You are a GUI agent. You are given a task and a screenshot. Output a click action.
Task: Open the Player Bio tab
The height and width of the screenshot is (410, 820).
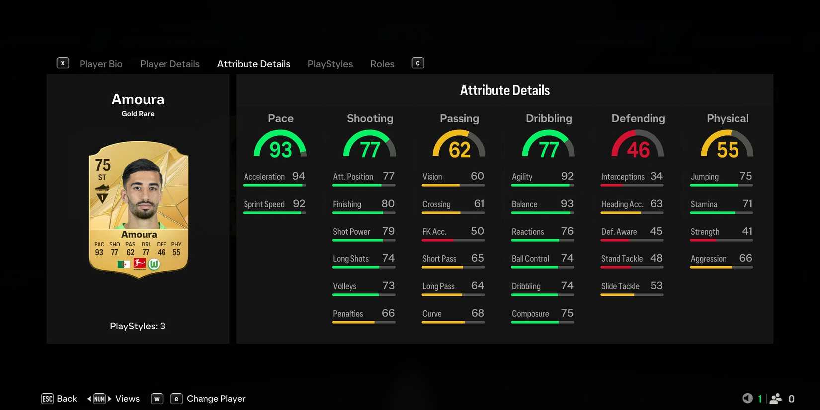pos(101,64)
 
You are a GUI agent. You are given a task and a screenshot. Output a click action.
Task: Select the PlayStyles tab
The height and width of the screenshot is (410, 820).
pos(330,64)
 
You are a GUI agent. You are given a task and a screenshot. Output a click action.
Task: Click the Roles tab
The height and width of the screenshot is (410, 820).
pos(382,64)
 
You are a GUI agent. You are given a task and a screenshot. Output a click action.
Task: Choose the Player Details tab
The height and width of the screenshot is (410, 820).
pos(169,64)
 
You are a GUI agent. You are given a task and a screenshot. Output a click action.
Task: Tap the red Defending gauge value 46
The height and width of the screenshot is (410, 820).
pos(638,150)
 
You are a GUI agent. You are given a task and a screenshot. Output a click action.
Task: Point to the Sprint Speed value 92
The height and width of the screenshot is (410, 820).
pos(299,204)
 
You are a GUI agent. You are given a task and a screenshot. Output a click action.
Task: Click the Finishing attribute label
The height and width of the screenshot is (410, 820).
pos(347,204)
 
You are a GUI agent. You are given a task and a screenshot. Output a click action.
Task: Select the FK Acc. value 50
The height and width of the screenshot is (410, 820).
pos(477,231)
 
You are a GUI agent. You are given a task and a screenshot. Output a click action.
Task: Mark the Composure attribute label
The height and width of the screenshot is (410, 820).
pos(530,314)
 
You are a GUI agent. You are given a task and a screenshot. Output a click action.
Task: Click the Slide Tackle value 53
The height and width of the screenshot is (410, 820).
pos(656,286)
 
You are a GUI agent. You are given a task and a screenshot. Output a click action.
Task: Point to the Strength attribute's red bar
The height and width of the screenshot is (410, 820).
pos(703,240)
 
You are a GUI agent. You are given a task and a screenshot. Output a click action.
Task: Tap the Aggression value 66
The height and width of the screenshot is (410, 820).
pos(745,258)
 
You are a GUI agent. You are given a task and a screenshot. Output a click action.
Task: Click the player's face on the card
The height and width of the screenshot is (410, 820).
pos(143,191)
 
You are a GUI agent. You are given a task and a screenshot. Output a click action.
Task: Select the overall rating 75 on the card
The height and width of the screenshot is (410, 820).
pos(103,165)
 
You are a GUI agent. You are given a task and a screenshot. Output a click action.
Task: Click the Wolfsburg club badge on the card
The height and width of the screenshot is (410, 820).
pos(154,264)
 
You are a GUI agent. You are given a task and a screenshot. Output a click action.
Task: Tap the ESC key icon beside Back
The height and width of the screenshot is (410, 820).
pos(47,399)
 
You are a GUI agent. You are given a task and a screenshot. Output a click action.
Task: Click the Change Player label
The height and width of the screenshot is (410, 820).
pos(216,399)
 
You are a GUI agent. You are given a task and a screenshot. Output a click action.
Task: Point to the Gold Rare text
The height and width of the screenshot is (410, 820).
pos(138,114)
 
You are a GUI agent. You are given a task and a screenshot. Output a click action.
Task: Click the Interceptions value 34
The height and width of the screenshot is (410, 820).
pos(656,176)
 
